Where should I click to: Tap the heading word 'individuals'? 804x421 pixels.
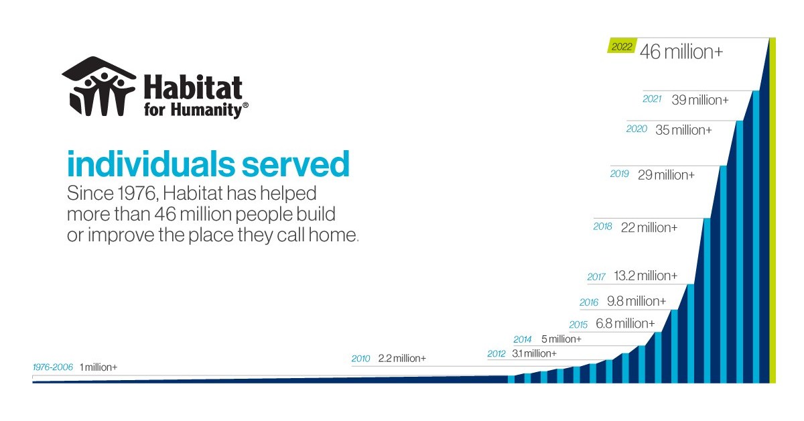pyautogui.click(x=145, y=164)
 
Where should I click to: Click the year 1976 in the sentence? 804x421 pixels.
pyautogui.click(x=131, y=194)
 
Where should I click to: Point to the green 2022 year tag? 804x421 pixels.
pyautogui.click(x=622, y=48)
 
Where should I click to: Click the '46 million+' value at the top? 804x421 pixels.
pyautogui.click(x=681, y=52)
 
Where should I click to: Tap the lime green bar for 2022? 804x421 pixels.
pyautogui.click(x=772, y=208)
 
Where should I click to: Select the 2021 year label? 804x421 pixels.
pyautogui.click(x=652, y=99)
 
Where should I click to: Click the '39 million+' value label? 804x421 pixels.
pyautogui.click(x=699, y=100)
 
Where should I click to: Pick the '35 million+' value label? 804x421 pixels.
pyautogui.click(x=683, y=130)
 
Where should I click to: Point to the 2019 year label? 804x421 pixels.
pyautogui.click(x=620, y=174)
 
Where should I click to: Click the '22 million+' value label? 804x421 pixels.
pyautogui.click(x=649, y=227)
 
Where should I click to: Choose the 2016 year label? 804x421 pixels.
pyautogui.click(x=589, y=302)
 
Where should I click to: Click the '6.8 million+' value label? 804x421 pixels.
pyautogui.click(x=625, y=324)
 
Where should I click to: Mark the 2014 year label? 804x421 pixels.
pyautogui.click(x=523, y=339)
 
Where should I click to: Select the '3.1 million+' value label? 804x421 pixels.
pyautogui.click(x=534, y=353)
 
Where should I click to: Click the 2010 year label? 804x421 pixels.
pyautogui.click(x=360, y=359)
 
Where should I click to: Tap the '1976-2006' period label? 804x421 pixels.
pyautogui.click(x=53, y=367)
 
